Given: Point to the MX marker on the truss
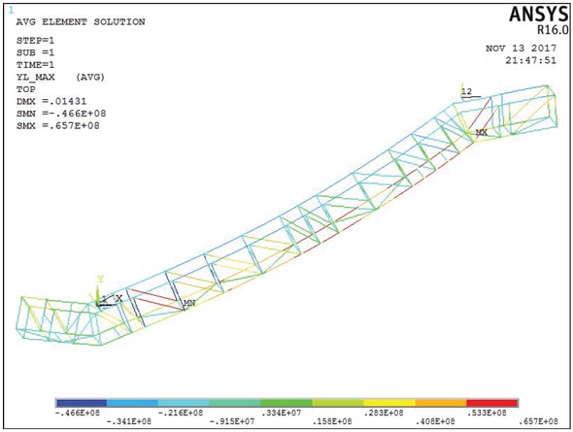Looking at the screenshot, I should click(x=481, y=132).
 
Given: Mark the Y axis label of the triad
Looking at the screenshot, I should click(x=99, y=280).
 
